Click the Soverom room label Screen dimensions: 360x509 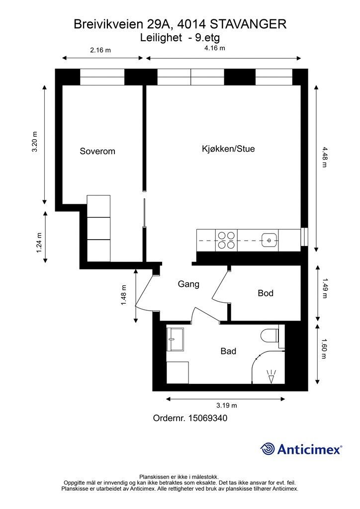(x=97, y=151)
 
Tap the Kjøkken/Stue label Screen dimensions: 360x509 (x=228, y=149)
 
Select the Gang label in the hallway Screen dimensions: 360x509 (x=188, y=284)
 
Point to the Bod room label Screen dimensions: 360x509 (x=266, y=293)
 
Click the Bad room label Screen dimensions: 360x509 (x=228, y=351)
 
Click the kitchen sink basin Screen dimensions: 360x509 (x=270, y=240)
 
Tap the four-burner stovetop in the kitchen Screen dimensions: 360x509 (x=226, y=240)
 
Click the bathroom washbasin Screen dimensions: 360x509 (x=175, y=339)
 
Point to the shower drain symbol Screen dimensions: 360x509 (x=271, y=377)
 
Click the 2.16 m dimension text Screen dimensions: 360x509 (x=100, y=50)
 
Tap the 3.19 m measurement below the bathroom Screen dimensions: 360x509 (x=227, y=406)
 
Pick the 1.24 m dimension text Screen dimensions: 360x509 (x=39, y=243)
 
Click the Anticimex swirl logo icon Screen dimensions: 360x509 (x=268, y=449)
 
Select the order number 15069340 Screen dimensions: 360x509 (x=208, y=418)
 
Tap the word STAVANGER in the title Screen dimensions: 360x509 (x=249, y=24)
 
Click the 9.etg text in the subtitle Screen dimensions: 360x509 (x=207, y=38)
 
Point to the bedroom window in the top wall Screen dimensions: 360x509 (x=102, y=77)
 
